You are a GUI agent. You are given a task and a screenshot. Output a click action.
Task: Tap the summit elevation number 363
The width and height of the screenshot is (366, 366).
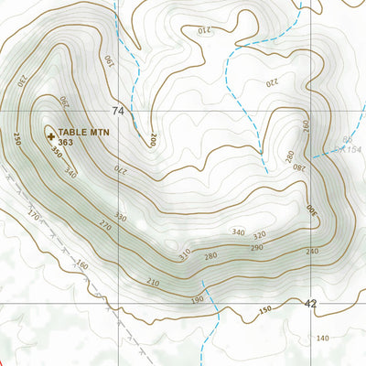click(x=65, y=143)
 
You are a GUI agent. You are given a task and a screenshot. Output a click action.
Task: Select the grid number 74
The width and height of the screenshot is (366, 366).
click(x=117, y=111)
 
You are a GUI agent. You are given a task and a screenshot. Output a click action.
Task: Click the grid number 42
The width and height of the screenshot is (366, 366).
click(x=311, y=303)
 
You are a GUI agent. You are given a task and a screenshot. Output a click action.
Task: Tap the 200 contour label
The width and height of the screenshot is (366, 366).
click(x=153, y=140)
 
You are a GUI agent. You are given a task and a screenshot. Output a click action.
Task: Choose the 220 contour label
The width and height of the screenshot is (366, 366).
click(x=271, y=81)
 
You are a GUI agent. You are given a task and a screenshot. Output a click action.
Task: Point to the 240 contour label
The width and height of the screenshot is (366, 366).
click(x=312, y=251)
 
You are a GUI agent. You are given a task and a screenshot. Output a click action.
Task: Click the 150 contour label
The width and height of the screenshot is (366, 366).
click(x=265, y=313)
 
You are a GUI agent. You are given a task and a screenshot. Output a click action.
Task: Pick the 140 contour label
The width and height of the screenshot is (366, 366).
click(x=322, y=339)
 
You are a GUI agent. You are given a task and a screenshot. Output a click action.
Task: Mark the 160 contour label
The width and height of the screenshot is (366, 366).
click(x=82, y=266)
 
